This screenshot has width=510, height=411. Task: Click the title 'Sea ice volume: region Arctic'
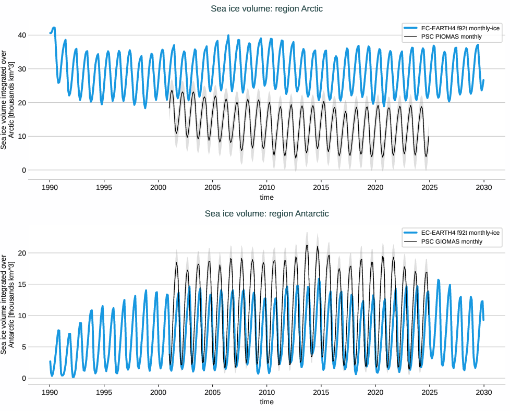(x=266, y=8)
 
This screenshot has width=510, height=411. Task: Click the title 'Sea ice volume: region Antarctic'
(x=266, y=213)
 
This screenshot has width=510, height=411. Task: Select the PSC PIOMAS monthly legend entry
(x=451, y=37)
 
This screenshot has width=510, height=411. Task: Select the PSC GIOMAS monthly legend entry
(x=451, y=241)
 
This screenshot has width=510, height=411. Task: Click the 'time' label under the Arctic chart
(x=266, y=197)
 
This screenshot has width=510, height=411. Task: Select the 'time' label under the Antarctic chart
(x=266, y=402)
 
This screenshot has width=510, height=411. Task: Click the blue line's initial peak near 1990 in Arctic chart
(x=54, y=28)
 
